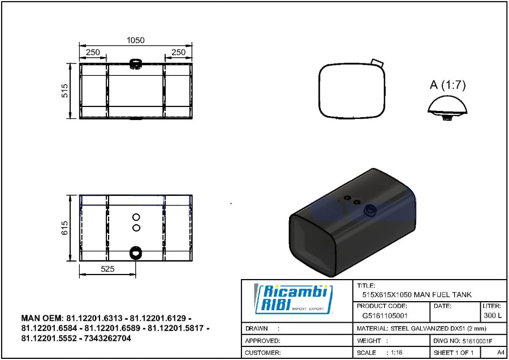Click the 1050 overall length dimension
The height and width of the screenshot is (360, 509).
point(135,40)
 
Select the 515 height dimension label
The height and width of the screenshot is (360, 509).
point(65,91)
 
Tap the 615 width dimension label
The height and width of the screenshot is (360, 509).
point(64,228)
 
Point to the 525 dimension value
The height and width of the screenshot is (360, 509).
point(107,269)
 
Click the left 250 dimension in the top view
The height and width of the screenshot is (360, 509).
point(93,52)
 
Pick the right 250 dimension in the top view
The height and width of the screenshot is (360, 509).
point(179,52)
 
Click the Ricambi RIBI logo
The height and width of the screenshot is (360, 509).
point(294,299)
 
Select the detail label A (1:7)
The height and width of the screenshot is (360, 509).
point(448,85)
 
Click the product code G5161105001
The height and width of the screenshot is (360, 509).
point(385,315)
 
